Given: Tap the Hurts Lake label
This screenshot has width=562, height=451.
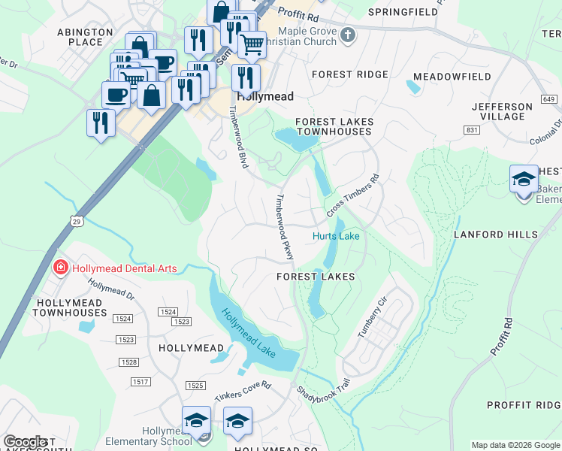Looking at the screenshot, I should click(336, 237).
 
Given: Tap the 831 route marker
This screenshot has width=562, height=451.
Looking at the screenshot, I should click(472, 130).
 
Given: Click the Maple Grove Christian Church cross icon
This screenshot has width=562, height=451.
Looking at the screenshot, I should click(347, 35).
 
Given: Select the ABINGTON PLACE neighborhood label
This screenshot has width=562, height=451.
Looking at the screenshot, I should click(85, 37).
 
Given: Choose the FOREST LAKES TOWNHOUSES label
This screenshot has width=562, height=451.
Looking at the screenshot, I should click(334, 126).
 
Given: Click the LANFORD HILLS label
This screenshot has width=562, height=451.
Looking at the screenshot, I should click(495, 235).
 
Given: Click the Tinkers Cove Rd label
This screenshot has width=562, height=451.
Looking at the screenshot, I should click(241, 389).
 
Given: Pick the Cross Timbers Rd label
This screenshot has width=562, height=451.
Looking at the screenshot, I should click(353, 193).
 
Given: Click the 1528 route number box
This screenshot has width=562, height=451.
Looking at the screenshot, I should click(128, 363).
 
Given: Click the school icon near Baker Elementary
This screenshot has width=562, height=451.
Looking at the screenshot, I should click(524, 180).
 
